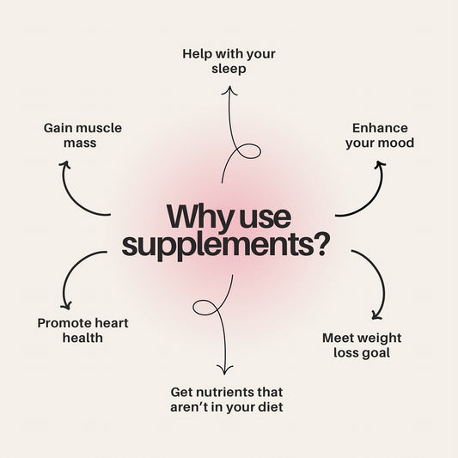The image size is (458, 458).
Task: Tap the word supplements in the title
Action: pyautogui.click(x=215, y=244)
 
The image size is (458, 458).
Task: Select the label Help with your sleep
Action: pyautogui.click(x=229, y=60)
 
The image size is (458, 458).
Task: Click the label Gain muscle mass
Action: pyautogui.click(x=82, y=136)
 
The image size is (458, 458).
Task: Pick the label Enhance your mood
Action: pyautogui.click(x=380, y=135)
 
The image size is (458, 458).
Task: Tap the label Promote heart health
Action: pyautogui.click(x=82, y=330)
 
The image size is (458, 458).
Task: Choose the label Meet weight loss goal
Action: pyautogui.click(x=361, y=345)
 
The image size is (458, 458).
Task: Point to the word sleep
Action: pyautogui.click(x=229, y=68)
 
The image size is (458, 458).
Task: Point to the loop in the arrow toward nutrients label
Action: pyautogui.click(x=207, y=308)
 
